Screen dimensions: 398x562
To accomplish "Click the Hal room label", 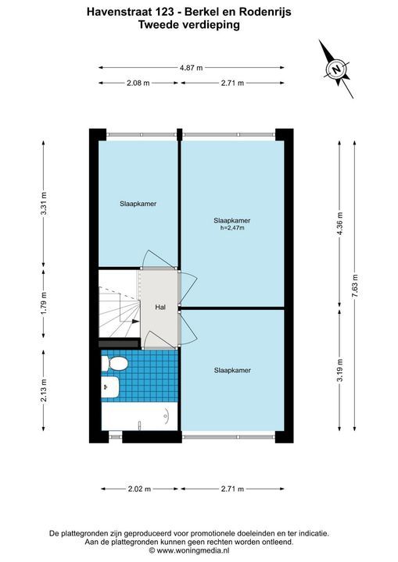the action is pos(160,308).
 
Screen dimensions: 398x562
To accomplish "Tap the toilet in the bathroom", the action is pos(115,364).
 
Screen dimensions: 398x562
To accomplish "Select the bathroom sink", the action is pos(110,386).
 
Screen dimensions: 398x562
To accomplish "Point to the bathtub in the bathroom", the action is pos(139,416).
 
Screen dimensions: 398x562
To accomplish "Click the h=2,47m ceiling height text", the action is pos(232,228).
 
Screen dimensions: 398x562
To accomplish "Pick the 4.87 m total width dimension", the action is pos(192,67).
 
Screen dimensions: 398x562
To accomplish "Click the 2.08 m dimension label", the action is pos(138,84).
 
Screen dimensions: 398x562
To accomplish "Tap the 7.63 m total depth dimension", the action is pos(355,286).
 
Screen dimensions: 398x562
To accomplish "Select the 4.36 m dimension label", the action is pos(340,223).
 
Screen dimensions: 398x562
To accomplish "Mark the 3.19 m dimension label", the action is pos(340,370).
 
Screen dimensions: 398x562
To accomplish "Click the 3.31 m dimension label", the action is pos(44,204).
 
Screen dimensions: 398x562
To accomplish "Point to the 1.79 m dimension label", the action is pos(44,303).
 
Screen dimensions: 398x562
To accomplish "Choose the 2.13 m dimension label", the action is pos(44,390).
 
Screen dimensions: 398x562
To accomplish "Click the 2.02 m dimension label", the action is pos(139,489).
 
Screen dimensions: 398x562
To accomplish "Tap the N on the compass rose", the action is pos(336,69).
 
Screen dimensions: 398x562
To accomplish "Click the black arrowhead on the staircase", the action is pos(135,322).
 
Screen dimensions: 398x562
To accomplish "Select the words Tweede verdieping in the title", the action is pos(189,25).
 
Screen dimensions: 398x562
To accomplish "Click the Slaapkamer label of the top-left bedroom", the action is pos(138,204).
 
